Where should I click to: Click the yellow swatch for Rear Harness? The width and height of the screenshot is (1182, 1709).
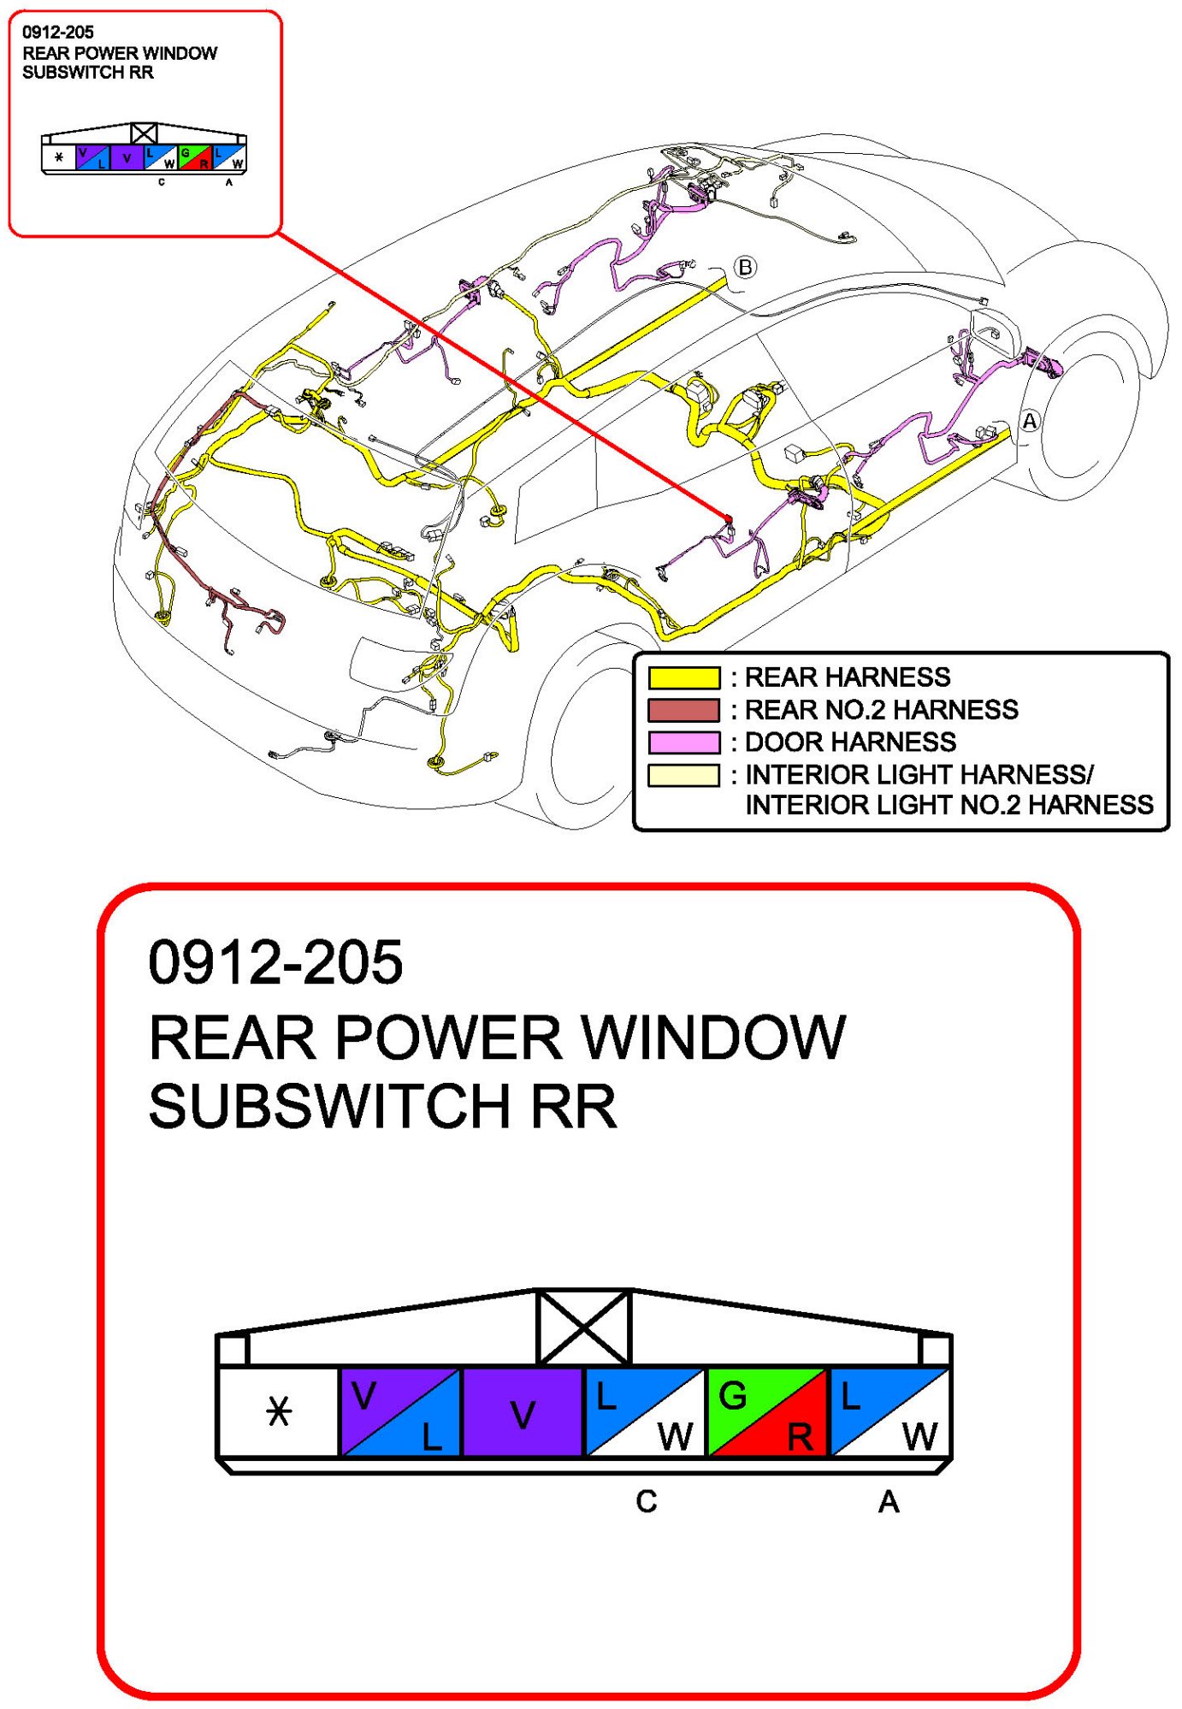click(x=683, y=677)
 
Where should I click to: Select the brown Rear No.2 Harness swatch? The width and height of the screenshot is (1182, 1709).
click(x=683, y=710)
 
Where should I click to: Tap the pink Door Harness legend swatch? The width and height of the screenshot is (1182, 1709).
click(x=683, y=742)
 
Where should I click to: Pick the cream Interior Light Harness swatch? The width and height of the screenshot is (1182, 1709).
click(x=683, y=775)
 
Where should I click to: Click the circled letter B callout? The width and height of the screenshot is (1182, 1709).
click(x=746, y=267)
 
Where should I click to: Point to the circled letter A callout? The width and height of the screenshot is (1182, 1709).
click(x=1030, y=421)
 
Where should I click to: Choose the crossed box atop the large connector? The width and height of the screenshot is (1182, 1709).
click(x=583, y=1327)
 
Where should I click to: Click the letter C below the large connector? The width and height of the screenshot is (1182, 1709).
click(x=647, y=1501)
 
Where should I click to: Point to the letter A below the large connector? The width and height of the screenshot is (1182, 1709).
click(x=889, y=1501)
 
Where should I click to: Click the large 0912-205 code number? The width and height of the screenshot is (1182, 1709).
click(x=275, y=962)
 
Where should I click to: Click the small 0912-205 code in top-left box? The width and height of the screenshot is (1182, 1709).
click(x=58, y=33)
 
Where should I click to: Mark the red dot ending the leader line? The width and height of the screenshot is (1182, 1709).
click(x=729, y=518)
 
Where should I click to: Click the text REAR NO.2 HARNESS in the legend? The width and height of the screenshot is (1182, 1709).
click(x=882, y=710)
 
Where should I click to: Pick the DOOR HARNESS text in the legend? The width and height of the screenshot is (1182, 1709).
click(x=851, y=742)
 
